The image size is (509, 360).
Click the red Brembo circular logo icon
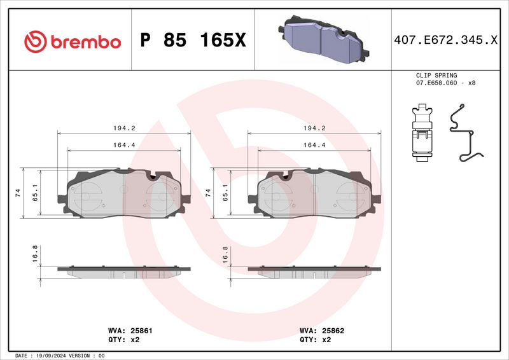(x=36, y=42)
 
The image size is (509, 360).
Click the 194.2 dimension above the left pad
(x=124, y=128)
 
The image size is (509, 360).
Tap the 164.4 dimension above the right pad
(x=314, y=145)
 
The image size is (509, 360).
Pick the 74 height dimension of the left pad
(x=18, y=192)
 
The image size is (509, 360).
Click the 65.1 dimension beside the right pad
(x=225, y=192)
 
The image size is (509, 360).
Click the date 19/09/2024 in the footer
(x=48, y=356)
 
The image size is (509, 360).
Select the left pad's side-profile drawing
(x=124, y=271)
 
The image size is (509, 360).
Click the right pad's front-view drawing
(x=314, y=192)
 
